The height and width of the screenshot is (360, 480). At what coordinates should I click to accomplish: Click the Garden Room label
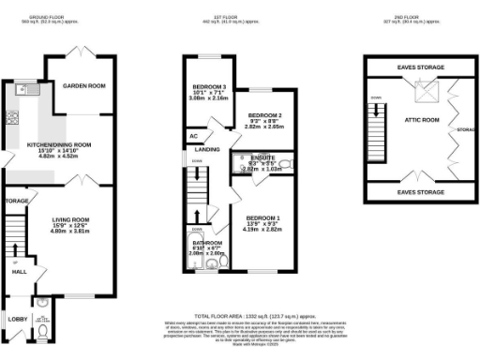(83, 85)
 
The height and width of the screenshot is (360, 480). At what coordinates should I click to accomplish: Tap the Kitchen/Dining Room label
(58, 145)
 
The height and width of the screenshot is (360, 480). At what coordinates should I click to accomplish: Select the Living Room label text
(70, 221)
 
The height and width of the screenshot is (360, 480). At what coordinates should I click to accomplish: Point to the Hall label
(19, 272)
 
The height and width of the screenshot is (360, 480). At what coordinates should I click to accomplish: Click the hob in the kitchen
(12, 118)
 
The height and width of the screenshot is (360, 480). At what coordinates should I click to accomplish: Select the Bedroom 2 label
(265, 116)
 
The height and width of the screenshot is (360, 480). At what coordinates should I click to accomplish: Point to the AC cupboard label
(193, 136)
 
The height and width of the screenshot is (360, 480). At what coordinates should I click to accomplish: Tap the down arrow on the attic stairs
(375, 97)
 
